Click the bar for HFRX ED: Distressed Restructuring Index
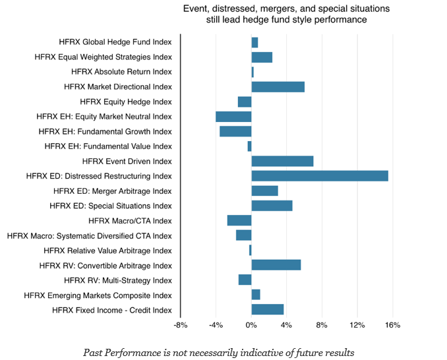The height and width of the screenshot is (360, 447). pos(320,176)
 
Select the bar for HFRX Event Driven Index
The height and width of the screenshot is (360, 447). pos(282,161)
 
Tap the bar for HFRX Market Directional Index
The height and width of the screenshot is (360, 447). pos(278,86)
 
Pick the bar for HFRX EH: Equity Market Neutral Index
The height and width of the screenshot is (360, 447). pos(233,117)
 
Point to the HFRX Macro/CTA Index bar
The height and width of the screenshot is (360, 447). pos(239,220)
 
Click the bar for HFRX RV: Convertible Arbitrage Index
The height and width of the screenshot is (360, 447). pos(276,265)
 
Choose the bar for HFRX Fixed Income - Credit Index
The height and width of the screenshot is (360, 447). pos(267,310)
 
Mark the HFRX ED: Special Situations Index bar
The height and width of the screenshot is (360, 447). pos(272,206)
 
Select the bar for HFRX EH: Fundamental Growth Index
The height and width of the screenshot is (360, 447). pos(235,131)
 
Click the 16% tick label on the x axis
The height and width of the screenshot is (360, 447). pos(392,325)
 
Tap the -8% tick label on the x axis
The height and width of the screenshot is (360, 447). pos(181,325)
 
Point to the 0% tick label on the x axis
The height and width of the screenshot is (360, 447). pos(251,325)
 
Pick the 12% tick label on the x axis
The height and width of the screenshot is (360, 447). pos(357,325)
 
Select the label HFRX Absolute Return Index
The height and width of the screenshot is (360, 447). pos(121,72)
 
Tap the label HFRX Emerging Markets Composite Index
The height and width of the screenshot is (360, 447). pos(98,295)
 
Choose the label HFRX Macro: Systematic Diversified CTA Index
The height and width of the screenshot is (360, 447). pos(89,235)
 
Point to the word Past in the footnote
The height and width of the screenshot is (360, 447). pos(94,352)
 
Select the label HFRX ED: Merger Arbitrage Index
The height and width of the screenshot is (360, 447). pos(113,191)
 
